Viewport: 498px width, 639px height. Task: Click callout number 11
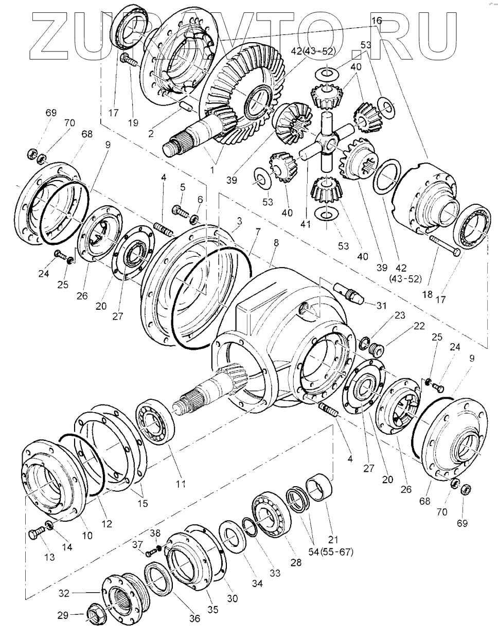point(181,484)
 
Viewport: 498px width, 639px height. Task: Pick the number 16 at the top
point(377,21)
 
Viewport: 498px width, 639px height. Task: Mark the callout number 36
point(194,618)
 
